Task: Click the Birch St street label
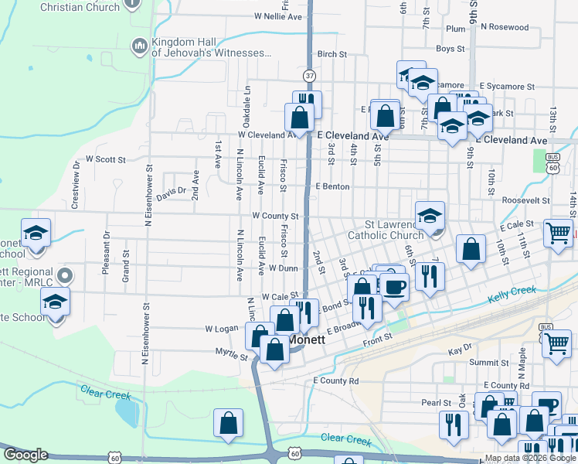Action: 331,54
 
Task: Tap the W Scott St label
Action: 105,159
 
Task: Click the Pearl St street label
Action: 436,403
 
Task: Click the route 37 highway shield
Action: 309,76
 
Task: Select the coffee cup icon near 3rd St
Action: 394,285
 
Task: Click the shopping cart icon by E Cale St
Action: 558,231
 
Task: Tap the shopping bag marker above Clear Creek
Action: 229,422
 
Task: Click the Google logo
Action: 25,455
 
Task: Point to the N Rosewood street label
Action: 504,27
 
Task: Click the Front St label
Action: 378,337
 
